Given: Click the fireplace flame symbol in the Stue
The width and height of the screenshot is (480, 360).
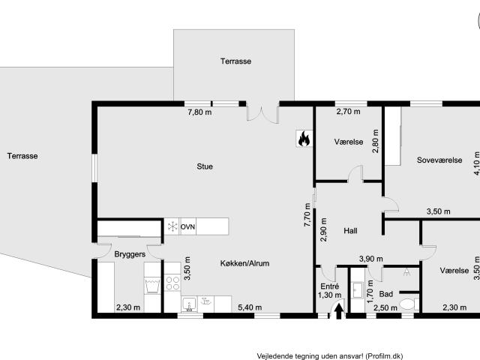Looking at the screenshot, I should [x=304, y=139].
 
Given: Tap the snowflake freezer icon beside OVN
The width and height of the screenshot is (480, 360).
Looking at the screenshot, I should [x=172, y=226].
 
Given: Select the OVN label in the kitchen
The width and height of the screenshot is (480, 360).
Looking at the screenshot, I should [x=187, y=226].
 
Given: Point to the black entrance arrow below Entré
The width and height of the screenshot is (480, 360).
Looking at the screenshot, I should [x=338, y=310].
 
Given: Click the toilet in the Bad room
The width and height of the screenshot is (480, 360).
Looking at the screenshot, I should [x=407, y=304].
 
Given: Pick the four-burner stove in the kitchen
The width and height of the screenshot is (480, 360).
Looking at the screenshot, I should [x=172, y=283].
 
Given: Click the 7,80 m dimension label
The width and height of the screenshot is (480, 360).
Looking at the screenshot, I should [x=199, y=112].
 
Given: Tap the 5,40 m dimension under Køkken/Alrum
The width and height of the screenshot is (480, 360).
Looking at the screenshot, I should [x=250, y=307].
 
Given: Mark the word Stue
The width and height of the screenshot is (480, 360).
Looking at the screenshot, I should [x=205, y=166].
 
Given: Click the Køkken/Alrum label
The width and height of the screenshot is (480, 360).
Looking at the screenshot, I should [x=244, y=263].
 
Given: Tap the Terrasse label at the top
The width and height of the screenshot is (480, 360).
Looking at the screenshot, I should [x=235, y=61].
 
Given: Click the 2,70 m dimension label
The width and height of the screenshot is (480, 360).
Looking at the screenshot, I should [x=348, y=112].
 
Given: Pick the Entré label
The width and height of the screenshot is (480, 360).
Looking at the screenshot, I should [x=330, y=286].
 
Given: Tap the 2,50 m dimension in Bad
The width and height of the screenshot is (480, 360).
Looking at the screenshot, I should [x=385, y=307].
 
